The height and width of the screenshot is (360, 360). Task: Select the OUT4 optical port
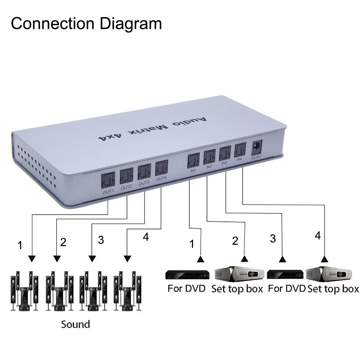161,168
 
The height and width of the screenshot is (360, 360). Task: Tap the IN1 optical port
193,161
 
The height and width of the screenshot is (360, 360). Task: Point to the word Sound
76,324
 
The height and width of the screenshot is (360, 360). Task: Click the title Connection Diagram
86,23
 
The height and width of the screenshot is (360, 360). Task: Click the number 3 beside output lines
101,240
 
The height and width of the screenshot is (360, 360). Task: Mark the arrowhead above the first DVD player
200,259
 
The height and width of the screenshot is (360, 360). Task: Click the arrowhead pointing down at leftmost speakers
31,259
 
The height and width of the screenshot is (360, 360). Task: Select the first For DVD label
186,288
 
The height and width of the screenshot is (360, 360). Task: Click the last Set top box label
333,288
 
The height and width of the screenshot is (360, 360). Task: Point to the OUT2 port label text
126,187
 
